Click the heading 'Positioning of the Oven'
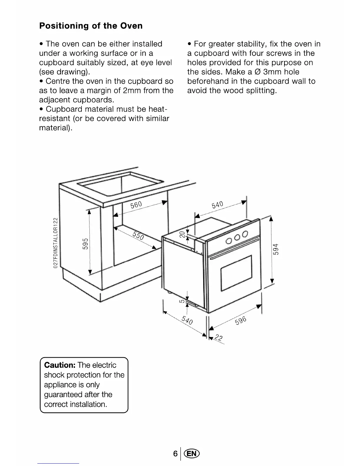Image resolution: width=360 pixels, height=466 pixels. point(91,26)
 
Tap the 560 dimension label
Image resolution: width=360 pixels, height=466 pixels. point(136,205)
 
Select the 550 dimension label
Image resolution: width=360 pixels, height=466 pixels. point(138,235)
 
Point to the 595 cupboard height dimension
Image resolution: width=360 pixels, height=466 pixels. point(85,244)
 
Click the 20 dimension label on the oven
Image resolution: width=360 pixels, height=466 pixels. point(183,234)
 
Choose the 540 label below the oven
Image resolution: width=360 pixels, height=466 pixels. point(187,319)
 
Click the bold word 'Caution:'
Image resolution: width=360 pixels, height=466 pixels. point(60,365)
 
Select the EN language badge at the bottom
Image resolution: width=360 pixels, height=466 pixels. point(191,453)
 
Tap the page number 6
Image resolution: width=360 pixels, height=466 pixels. point(175,453)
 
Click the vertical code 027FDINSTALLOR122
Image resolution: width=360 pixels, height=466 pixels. point(55,243)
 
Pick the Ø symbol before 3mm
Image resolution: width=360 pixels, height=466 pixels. point(258,72)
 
